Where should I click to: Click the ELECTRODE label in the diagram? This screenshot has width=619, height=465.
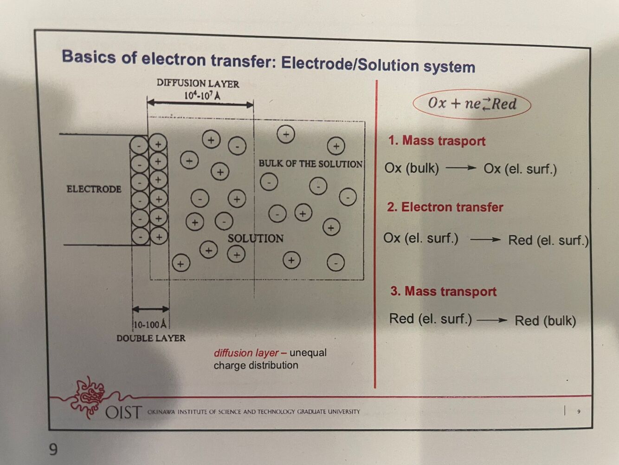coord(94,189)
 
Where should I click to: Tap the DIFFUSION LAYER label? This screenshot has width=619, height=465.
coord(198,84)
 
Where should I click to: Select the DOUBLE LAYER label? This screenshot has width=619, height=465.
coord(151,338)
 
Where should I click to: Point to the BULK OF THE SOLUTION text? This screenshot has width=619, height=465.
coord(310,164)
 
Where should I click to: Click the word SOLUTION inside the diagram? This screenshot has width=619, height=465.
coord(255,238)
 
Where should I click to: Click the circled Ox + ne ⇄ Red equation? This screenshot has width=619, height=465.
coord(472,104)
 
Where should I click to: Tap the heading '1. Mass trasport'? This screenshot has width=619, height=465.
coord(437,141)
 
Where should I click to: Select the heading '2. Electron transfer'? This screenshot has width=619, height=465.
coord(445,207)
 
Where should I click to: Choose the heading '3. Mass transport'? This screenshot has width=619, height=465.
coord(443,291)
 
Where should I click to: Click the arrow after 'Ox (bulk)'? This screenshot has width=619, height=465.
coord(461,168)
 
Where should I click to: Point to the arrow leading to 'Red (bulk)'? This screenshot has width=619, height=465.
coord(492,320)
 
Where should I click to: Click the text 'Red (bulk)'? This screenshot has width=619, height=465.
coord(545,321)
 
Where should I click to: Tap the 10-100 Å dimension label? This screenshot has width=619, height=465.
coord(149,324)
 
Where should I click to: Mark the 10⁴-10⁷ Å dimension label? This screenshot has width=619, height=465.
coord(202,96)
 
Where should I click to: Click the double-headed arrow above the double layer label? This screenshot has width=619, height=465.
coord(150,309)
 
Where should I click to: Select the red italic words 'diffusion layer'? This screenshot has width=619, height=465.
coord(246,353)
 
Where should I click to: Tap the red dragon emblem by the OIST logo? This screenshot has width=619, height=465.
coord(89,396)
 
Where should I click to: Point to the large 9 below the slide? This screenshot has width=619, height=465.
coord(53,449)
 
